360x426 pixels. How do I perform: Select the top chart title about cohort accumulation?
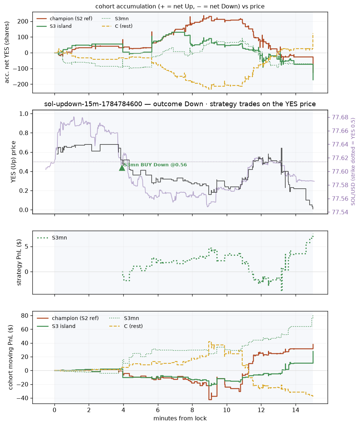click(x=180, y=6)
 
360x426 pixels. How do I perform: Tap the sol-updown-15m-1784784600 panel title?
click(x=180, y=104)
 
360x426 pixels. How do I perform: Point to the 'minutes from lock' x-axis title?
click(x=180, y=418)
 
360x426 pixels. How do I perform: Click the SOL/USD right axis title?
click(x=353, y=162)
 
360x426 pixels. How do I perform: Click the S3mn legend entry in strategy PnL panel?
click(x=52, y=238)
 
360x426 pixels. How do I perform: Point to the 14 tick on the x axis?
click(x=296, y=410)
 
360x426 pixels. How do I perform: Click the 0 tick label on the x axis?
click(x=54, y=410)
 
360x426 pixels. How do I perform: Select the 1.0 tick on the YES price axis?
click(x=24, y=114)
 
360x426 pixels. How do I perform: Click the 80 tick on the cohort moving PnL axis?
click(x=25, y=316)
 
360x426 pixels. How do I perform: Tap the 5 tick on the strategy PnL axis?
click(x=27, y=247)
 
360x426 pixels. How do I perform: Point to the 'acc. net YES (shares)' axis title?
click(x=7, y=52)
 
